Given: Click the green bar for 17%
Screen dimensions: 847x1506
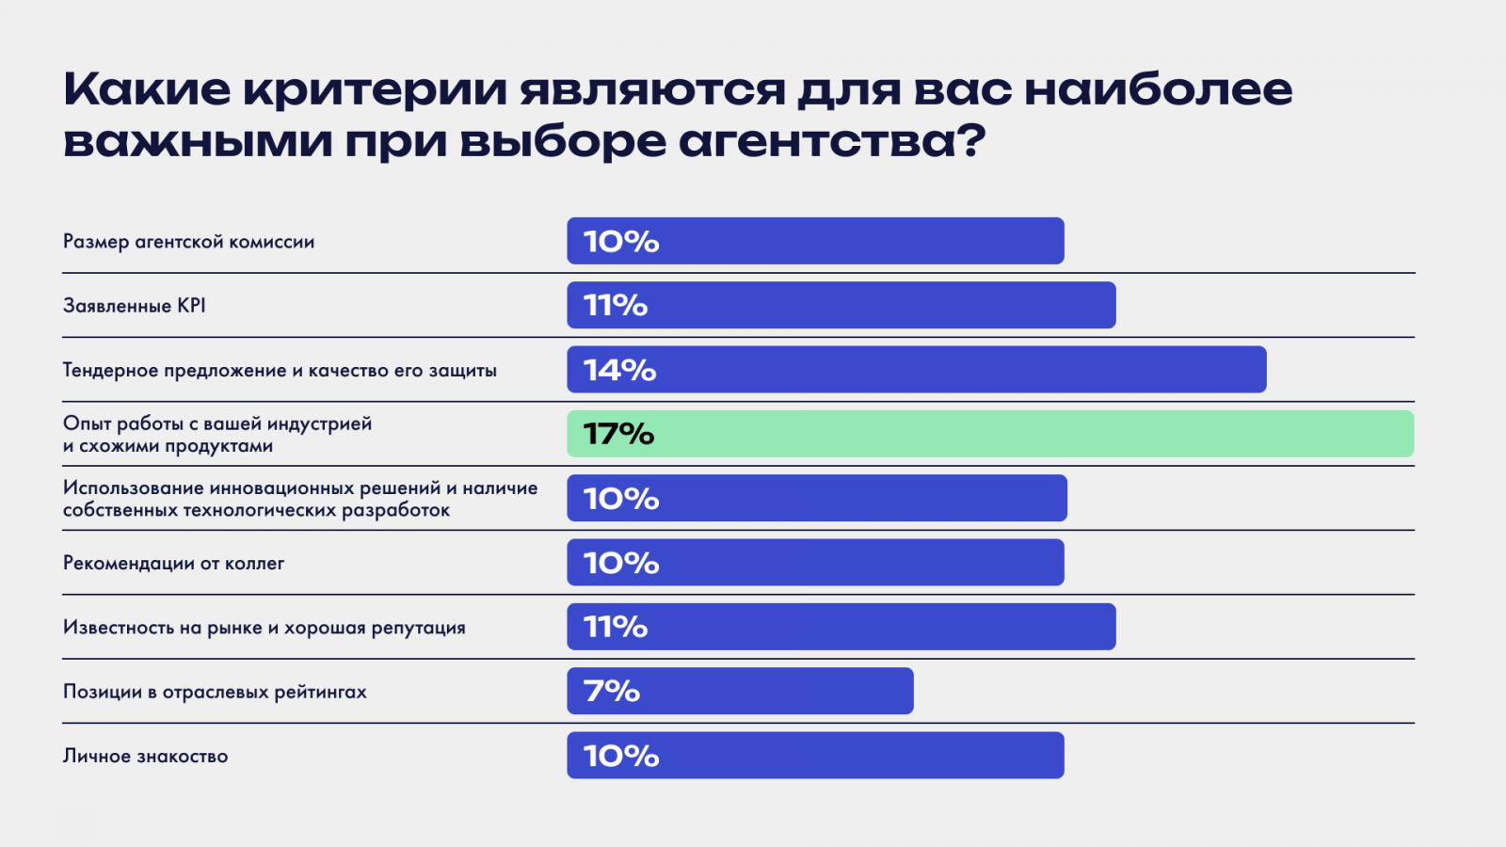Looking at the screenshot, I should [x=990, y=434].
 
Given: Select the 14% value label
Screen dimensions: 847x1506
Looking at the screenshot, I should [x=619, y=370].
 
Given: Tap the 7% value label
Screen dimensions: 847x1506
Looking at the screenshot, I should [x=612, y=691].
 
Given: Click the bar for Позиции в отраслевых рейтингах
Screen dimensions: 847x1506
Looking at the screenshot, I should [x=740, y=691].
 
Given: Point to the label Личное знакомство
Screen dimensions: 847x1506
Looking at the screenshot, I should [x=145, y=756].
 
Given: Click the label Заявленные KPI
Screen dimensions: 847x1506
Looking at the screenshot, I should [x=134, y=306].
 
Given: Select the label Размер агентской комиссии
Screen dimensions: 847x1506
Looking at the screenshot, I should [x=188, y=242].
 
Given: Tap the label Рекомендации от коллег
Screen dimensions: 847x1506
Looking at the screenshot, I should [x=173, y=564].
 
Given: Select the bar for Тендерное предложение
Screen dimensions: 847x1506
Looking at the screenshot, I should [x=916, y=370].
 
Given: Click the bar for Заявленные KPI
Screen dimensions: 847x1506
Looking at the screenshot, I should [x=841, y=306].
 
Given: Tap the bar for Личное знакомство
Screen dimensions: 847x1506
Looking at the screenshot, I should [x=815, y=756].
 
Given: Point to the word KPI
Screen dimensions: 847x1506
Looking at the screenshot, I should [x=191, y=306].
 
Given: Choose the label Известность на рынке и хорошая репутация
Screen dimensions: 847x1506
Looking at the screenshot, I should [x=264, y=628].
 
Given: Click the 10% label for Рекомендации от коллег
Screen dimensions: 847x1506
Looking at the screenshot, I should [x=621, y=563].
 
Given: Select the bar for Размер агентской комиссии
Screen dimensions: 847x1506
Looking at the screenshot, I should [x=815, y=241].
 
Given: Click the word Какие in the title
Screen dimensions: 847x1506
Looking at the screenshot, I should [x=147, y=90].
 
